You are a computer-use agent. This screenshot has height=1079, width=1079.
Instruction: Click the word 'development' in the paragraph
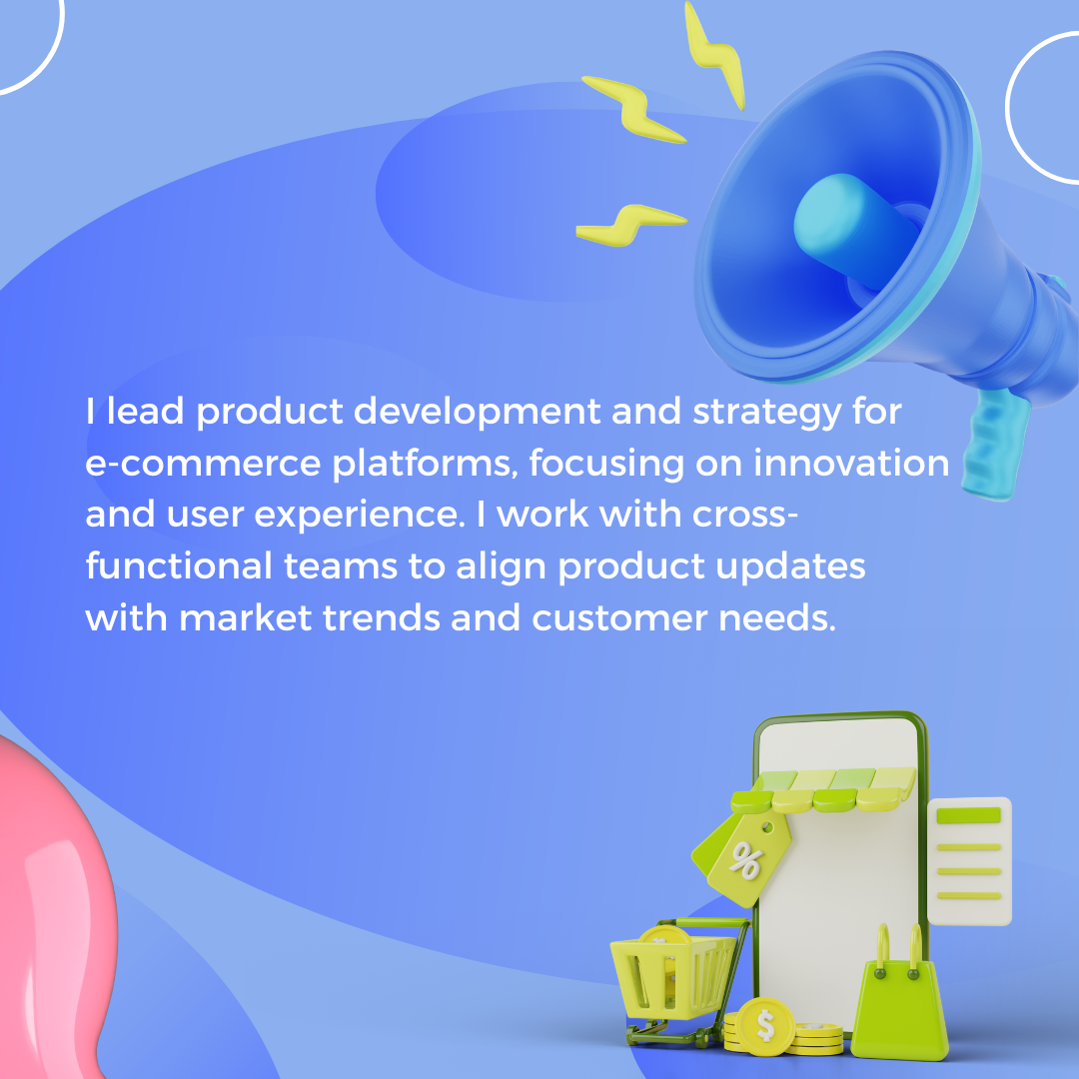(478, 413)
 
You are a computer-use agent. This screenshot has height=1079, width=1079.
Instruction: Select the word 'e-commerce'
(203, 464)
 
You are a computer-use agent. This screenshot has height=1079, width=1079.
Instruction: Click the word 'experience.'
(360, 516)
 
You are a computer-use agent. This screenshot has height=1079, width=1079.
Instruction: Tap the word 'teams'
(341, 566)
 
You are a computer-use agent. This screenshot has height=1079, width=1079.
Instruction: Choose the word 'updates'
(790, 567)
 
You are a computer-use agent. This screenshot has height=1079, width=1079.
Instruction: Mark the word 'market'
(245, 617)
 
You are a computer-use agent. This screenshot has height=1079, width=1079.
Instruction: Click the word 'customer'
(619, 618)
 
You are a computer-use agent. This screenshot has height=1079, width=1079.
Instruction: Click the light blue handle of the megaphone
(995, 444)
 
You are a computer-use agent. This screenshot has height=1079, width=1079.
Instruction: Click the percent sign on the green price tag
(746, 861)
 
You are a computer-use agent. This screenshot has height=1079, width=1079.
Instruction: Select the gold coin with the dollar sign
(765, 1025)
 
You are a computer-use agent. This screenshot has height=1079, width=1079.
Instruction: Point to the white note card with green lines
(969, 861)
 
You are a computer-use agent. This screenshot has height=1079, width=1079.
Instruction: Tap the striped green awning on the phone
(823, 789)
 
